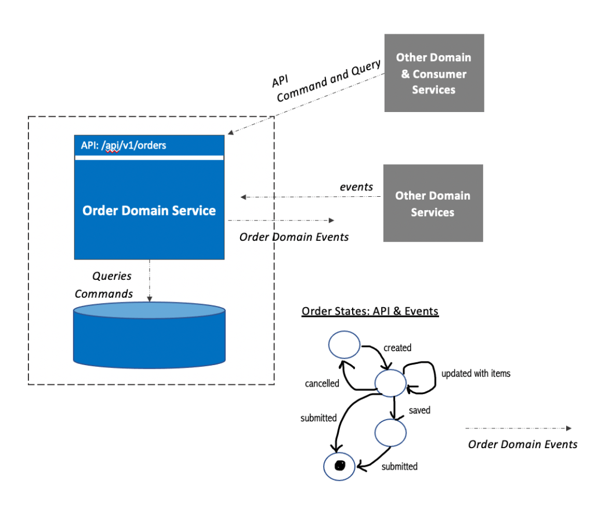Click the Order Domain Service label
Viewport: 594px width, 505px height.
click(149, 210)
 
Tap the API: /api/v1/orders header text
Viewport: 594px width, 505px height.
click(124, 145)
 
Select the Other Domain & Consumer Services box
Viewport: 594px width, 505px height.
click(434, 73)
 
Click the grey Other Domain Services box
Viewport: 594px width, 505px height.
click(433, 203)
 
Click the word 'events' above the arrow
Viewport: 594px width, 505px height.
click(356, 187)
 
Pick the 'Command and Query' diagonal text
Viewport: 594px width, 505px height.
click(328, 81)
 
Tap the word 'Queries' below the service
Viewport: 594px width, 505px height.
click(112, 276)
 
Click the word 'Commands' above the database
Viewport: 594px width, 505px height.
click(104, 294)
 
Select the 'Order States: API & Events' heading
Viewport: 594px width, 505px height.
click(370, 312)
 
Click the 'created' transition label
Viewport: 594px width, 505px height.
click(397, 348)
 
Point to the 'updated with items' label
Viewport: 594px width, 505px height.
click(476, 373)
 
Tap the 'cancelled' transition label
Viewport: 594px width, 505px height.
click(322, 384)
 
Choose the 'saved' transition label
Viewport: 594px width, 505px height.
click(419, 410)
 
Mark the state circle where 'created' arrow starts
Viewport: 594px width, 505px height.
click(345, 345)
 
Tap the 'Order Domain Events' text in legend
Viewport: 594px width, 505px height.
click(523, 444)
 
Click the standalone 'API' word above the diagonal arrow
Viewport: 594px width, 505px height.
click(280, 81)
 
